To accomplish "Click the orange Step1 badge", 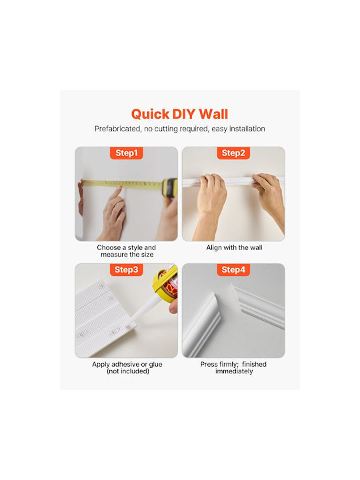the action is (127, 153).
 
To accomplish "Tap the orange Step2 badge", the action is (233, 153).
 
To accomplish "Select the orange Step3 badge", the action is (127, 269).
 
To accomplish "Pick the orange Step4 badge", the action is (233, 269).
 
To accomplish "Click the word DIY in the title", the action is (184, 114).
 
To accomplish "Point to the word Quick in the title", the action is (150, 115).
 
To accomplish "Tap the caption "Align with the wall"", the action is (234, 247).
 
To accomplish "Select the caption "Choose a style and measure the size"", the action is (127, 251).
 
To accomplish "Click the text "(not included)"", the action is (127, 371).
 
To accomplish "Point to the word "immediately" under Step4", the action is (234, 371).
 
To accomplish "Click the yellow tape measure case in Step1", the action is (170, 187).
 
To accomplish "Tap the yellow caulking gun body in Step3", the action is (165, 283).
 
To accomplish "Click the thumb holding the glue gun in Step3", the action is (173, 306).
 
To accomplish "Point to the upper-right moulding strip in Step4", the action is (258, 306).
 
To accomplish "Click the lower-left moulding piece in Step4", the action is (202, 326).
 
